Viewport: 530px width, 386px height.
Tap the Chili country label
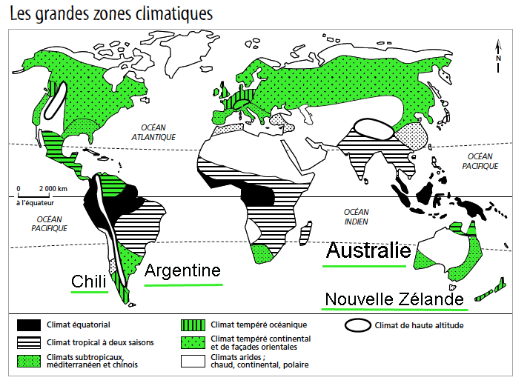point(88,282)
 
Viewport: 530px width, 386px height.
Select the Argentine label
point(182,270)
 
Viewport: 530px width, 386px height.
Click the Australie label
point(368,250)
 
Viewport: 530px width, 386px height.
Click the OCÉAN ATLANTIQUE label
point(153,132)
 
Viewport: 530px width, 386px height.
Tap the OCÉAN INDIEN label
point(357,217)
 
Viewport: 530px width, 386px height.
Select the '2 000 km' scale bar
point(43,195)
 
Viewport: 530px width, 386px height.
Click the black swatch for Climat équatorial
point(29,325)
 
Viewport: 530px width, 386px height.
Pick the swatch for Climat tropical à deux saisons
point(29,342)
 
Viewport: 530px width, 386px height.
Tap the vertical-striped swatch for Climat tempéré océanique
point(194,325)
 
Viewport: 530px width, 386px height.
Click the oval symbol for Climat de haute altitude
point(359,325)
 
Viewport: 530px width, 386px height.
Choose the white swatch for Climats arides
point(194,360)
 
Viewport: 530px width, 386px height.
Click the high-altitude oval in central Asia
point(373,127)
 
